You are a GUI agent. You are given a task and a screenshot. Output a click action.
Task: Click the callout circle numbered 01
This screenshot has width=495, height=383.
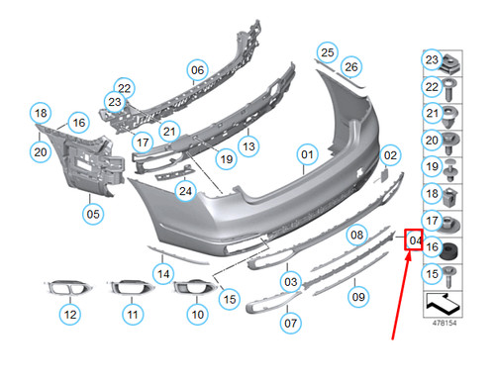307,155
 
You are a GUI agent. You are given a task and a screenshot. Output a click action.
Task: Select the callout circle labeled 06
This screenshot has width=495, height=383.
197,70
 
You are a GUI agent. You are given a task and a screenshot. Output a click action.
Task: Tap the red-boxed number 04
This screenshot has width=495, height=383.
415,240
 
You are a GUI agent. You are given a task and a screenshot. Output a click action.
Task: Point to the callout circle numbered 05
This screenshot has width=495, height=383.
92,212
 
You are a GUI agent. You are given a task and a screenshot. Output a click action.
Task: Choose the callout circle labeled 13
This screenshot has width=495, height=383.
248,146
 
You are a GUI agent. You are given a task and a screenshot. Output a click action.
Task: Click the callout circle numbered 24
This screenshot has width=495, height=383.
184,190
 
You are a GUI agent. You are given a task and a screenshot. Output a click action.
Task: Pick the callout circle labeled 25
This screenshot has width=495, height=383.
328,51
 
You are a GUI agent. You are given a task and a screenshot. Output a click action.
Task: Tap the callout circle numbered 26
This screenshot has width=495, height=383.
350,66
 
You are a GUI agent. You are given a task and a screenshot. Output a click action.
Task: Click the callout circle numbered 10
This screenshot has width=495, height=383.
197,314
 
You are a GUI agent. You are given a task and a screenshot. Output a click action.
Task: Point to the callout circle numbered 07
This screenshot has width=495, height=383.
291,323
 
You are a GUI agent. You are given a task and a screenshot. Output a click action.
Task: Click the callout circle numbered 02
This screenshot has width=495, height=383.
390,155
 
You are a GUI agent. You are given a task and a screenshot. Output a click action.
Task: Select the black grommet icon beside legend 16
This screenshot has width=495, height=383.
451,246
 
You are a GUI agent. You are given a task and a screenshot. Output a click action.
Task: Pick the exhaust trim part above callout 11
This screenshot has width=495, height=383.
128,289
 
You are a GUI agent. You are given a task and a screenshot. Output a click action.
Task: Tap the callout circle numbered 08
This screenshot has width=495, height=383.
355,235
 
